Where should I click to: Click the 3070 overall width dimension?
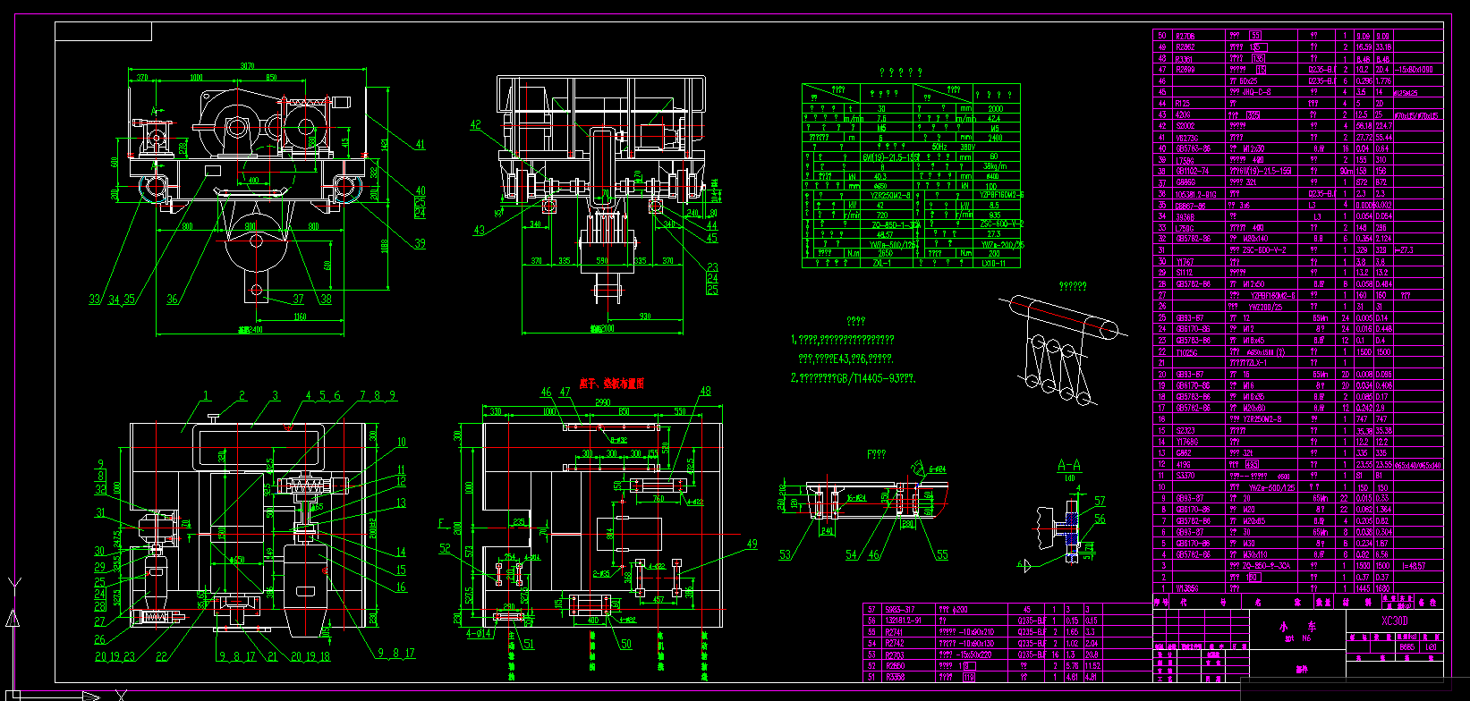248,66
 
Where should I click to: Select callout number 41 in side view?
420,144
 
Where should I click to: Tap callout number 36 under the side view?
172,300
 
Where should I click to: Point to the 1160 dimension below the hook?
299,317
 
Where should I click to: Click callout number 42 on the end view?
475,125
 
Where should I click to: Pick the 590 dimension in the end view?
602,261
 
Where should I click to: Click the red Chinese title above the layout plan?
611,383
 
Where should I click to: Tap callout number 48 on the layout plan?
705,391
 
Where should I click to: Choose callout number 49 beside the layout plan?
752,544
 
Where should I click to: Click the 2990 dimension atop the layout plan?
602,403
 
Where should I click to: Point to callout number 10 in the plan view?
402,442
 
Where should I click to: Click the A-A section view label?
1068,466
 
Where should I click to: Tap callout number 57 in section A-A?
1100,502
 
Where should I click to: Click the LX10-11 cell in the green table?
994,264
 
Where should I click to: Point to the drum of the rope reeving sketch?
1065,315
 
